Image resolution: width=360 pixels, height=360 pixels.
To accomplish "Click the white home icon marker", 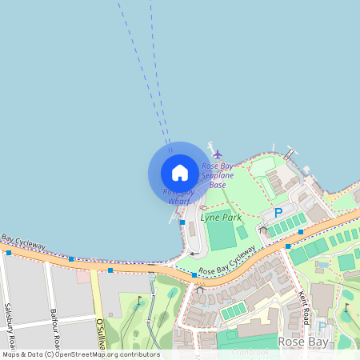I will point(180,172).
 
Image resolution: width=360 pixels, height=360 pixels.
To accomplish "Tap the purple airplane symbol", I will point(217,154).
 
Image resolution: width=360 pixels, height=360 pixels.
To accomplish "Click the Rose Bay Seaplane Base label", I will point(218,175).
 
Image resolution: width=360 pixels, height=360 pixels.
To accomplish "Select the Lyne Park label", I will point(221,217).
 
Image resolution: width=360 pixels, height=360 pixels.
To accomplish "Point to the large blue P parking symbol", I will point(278,213).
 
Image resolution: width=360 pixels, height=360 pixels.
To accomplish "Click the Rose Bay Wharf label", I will point(178,196).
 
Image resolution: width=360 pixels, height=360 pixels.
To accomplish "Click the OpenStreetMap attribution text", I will point(81,354).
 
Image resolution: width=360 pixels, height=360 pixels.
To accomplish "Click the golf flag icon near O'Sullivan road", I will point(139,302).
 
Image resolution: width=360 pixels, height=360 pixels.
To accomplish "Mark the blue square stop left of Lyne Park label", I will point(182,222).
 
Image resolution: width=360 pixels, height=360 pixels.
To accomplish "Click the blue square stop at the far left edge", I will point(8,253).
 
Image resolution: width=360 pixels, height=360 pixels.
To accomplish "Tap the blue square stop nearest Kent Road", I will point(288,246).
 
